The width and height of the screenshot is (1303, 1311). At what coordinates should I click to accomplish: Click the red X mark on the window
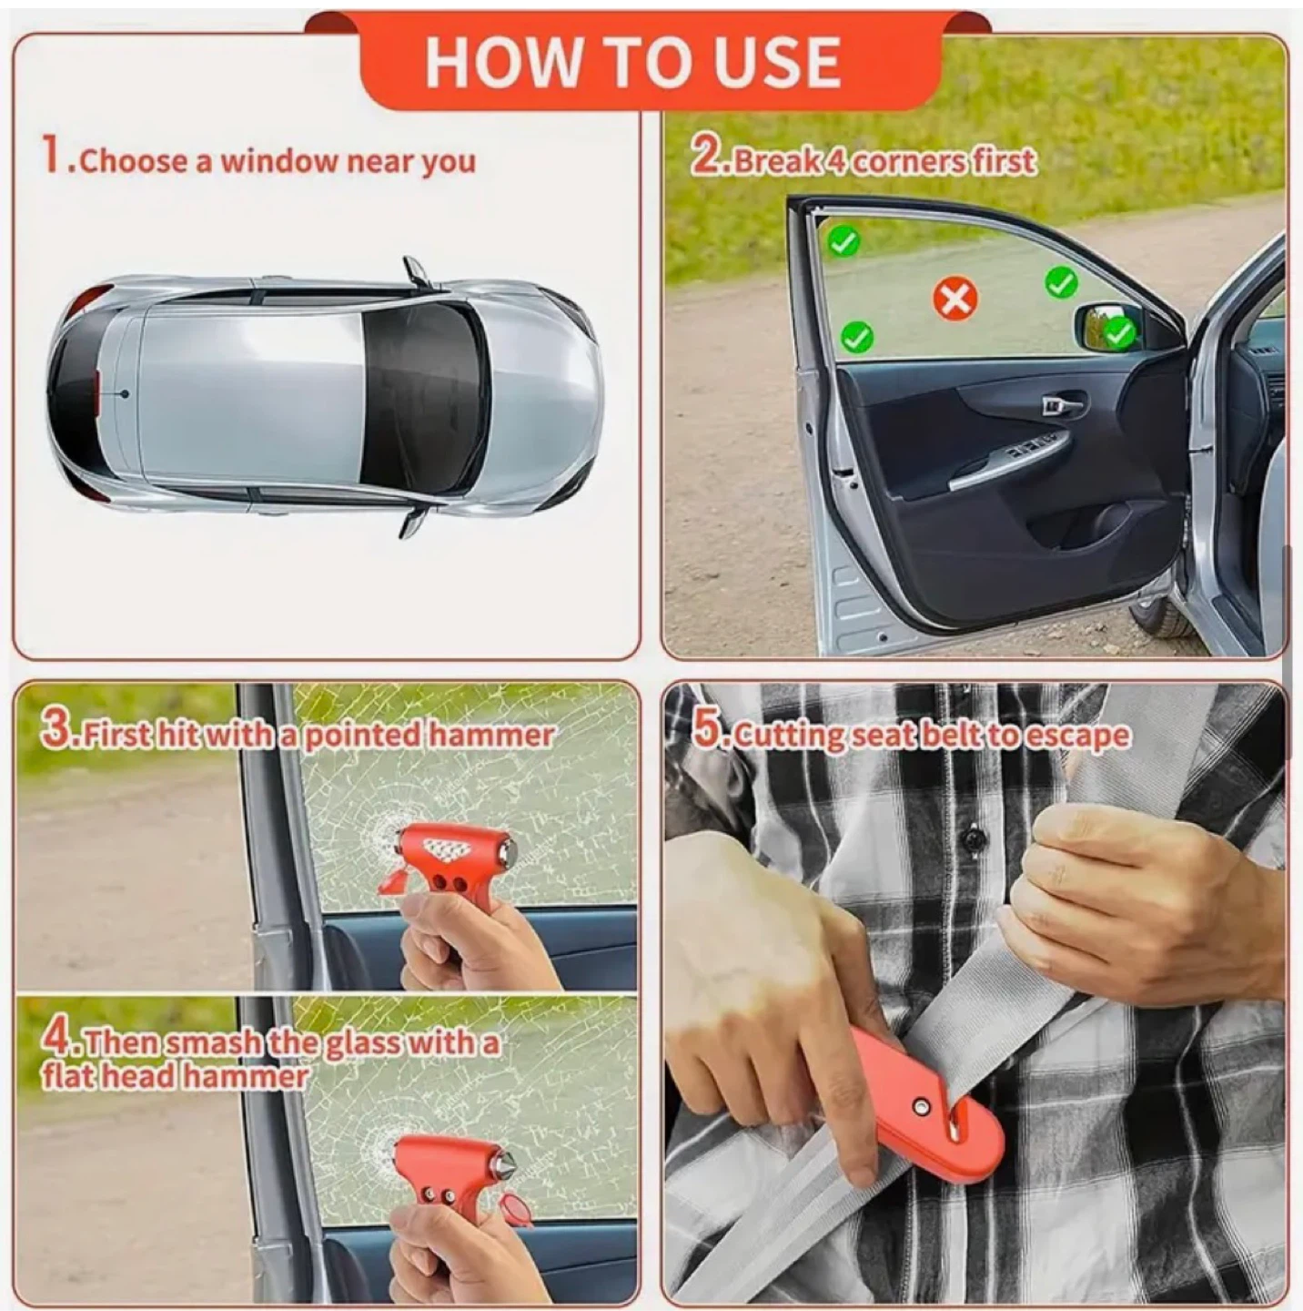click(x=955, y=300)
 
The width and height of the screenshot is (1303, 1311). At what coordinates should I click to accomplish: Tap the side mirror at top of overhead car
click(x=416, y=270)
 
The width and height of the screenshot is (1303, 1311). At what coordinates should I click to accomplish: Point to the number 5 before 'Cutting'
click(x=704, y=733)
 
